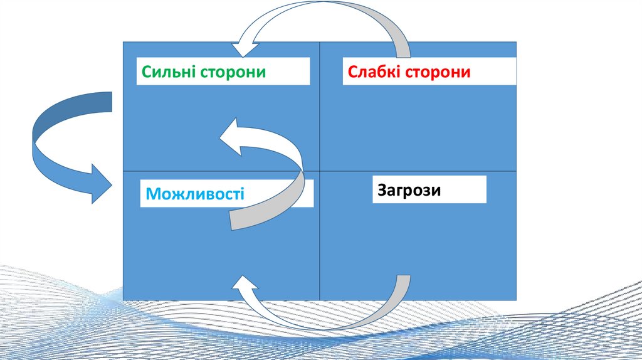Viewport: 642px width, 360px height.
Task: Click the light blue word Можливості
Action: (195, 194)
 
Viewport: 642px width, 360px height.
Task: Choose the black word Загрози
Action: (409, 189)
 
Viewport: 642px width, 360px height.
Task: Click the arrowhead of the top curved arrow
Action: (246, 48)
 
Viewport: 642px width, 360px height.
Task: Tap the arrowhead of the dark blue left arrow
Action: (100, 183)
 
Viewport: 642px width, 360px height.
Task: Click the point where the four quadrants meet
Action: (320, 171)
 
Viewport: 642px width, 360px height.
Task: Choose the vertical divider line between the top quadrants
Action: (320, 107)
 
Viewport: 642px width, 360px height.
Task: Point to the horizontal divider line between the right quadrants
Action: (418, 171)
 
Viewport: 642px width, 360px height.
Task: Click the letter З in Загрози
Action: (382, 189)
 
